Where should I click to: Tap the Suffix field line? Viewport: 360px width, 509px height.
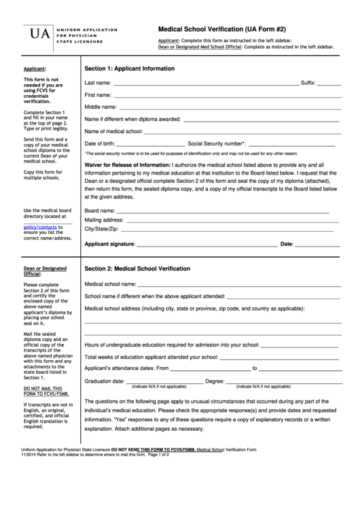click(329, 85)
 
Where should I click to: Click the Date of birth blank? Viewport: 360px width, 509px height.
click(150, 145)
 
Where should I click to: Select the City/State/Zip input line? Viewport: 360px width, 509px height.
click(224, 230)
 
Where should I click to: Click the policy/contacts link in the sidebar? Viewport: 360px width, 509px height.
click(40, 228)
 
